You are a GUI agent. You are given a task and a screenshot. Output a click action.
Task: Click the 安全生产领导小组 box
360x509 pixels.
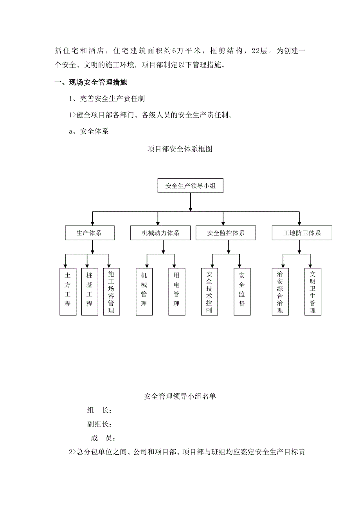(190, 186)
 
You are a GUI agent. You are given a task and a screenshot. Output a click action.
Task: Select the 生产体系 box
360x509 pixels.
(90, 233)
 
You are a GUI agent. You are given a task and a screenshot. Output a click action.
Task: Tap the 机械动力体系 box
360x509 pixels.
(160, 233)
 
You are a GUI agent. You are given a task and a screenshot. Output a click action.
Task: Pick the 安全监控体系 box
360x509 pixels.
(226, 233)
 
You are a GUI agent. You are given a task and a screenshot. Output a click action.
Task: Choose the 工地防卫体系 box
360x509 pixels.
(302, 233)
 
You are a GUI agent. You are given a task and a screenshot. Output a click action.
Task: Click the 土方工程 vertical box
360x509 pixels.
(68, 292)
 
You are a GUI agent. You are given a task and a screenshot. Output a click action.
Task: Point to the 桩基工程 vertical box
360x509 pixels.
(90, 292)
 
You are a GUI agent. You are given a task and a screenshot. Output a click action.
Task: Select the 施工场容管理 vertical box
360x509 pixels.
(111, 292)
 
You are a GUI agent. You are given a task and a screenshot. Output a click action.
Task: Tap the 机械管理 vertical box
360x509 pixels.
(144, 292)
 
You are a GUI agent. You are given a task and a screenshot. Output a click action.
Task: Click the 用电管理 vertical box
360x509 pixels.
(176, 292)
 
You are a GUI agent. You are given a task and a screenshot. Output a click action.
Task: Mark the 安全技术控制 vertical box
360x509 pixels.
(209, 292)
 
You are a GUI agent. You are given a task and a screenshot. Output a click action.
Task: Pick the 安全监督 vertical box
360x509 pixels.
(242, 292)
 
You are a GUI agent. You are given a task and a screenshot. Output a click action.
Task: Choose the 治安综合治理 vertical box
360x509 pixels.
(280, 292)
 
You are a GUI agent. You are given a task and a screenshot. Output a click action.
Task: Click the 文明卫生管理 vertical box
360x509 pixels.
(312, 292)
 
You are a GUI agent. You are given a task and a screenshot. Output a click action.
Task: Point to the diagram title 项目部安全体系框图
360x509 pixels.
(180, 149)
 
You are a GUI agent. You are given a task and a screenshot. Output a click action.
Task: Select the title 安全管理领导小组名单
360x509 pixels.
(180, 396)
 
